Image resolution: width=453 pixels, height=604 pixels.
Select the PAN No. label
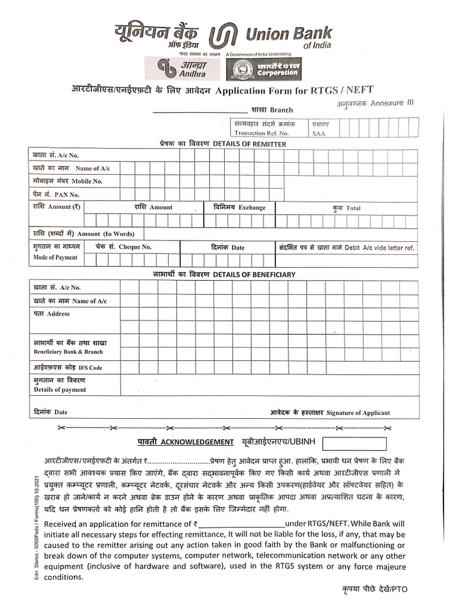[x=56, y=194]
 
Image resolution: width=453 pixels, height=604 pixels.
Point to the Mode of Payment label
[x=55, y=258]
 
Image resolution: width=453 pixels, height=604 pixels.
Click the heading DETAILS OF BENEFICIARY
[x=224, y=274]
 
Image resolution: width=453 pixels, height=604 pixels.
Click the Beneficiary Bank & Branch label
[x=68, y=352]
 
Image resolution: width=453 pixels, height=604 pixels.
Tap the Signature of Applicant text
[x=330, y=413]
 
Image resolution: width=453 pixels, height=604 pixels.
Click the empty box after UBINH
[x=354, y=444]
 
